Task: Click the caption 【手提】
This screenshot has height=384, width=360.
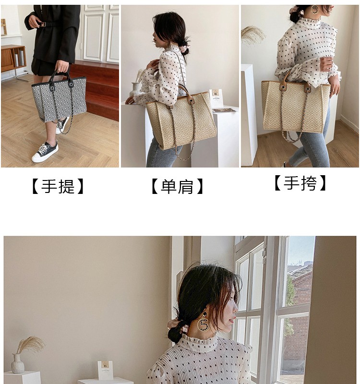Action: coord(58,186)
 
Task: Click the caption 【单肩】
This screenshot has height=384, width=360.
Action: coord(177,186)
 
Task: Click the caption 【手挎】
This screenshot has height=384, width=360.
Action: coord(300,183)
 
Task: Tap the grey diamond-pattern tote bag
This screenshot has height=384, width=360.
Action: coord(59,98)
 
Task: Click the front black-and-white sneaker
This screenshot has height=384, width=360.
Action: coord(45,152)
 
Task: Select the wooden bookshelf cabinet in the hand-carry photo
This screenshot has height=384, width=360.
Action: coord(13,58)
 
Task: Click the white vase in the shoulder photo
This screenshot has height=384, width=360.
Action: coord(135,89)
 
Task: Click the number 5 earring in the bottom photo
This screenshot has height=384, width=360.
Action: coord(204,323)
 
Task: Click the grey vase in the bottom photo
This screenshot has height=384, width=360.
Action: coord(18,364)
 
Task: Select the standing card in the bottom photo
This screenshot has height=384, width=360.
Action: coord(105,370)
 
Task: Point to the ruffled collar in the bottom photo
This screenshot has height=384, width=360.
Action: coord(198,343)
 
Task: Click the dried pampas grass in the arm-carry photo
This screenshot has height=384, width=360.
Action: coord(253,35)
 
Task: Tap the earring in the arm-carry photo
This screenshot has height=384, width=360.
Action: coord(314,10)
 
